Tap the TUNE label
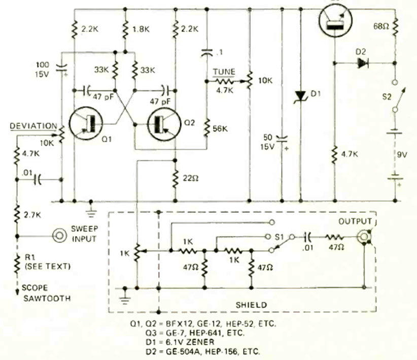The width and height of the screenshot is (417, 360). click(x=223, y=72)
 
